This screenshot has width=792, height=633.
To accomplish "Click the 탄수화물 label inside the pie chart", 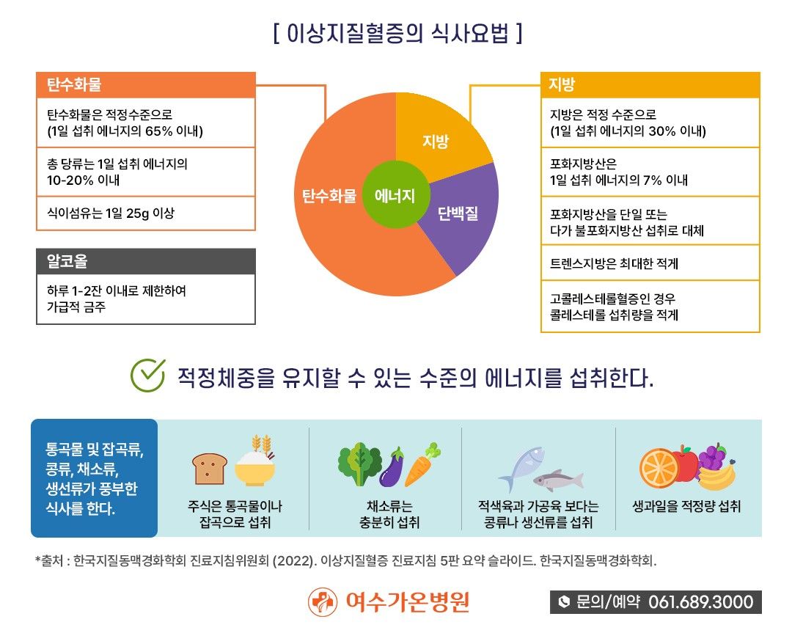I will pos(329,197).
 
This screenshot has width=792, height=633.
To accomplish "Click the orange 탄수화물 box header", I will pos(146,84).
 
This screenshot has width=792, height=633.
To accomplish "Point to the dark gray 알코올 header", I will pos(146,261).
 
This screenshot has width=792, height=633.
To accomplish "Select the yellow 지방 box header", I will pos(650,84).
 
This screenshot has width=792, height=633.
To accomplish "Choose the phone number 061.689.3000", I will pos(700,602).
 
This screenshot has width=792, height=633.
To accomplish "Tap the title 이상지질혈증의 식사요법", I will pos(397,34).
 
